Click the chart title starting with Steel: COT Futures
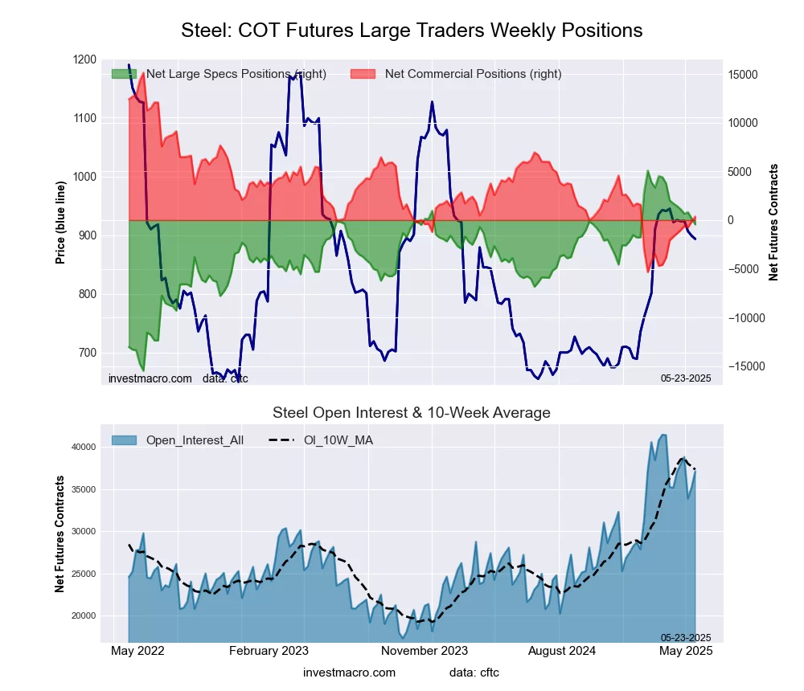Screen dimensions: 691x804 tap(412, 31)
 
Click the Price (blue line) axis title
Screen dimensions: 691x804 tap(60, 222)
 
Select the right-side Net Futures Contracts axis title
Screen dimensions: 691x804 tap(773, 222)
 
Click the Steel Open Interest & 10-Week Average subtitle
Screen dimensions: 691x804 tap(412, 413)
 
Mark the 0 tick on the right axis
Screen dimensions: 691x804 tap(731, 220)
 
